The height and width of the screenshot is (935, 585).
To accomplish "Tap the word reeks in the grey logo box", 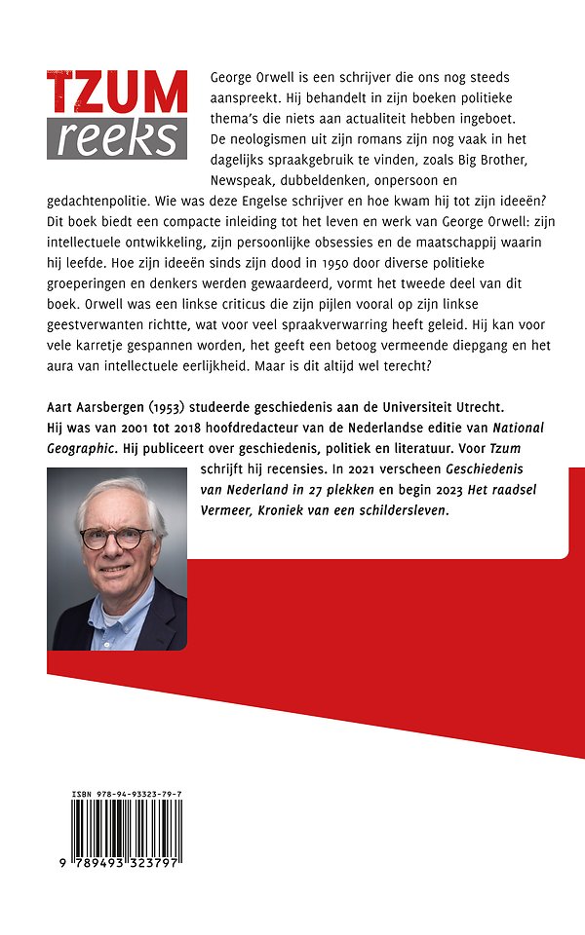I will coord(117,137).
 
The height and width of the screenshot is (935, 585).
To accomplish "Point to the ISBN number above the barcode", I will coord(127,797).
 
